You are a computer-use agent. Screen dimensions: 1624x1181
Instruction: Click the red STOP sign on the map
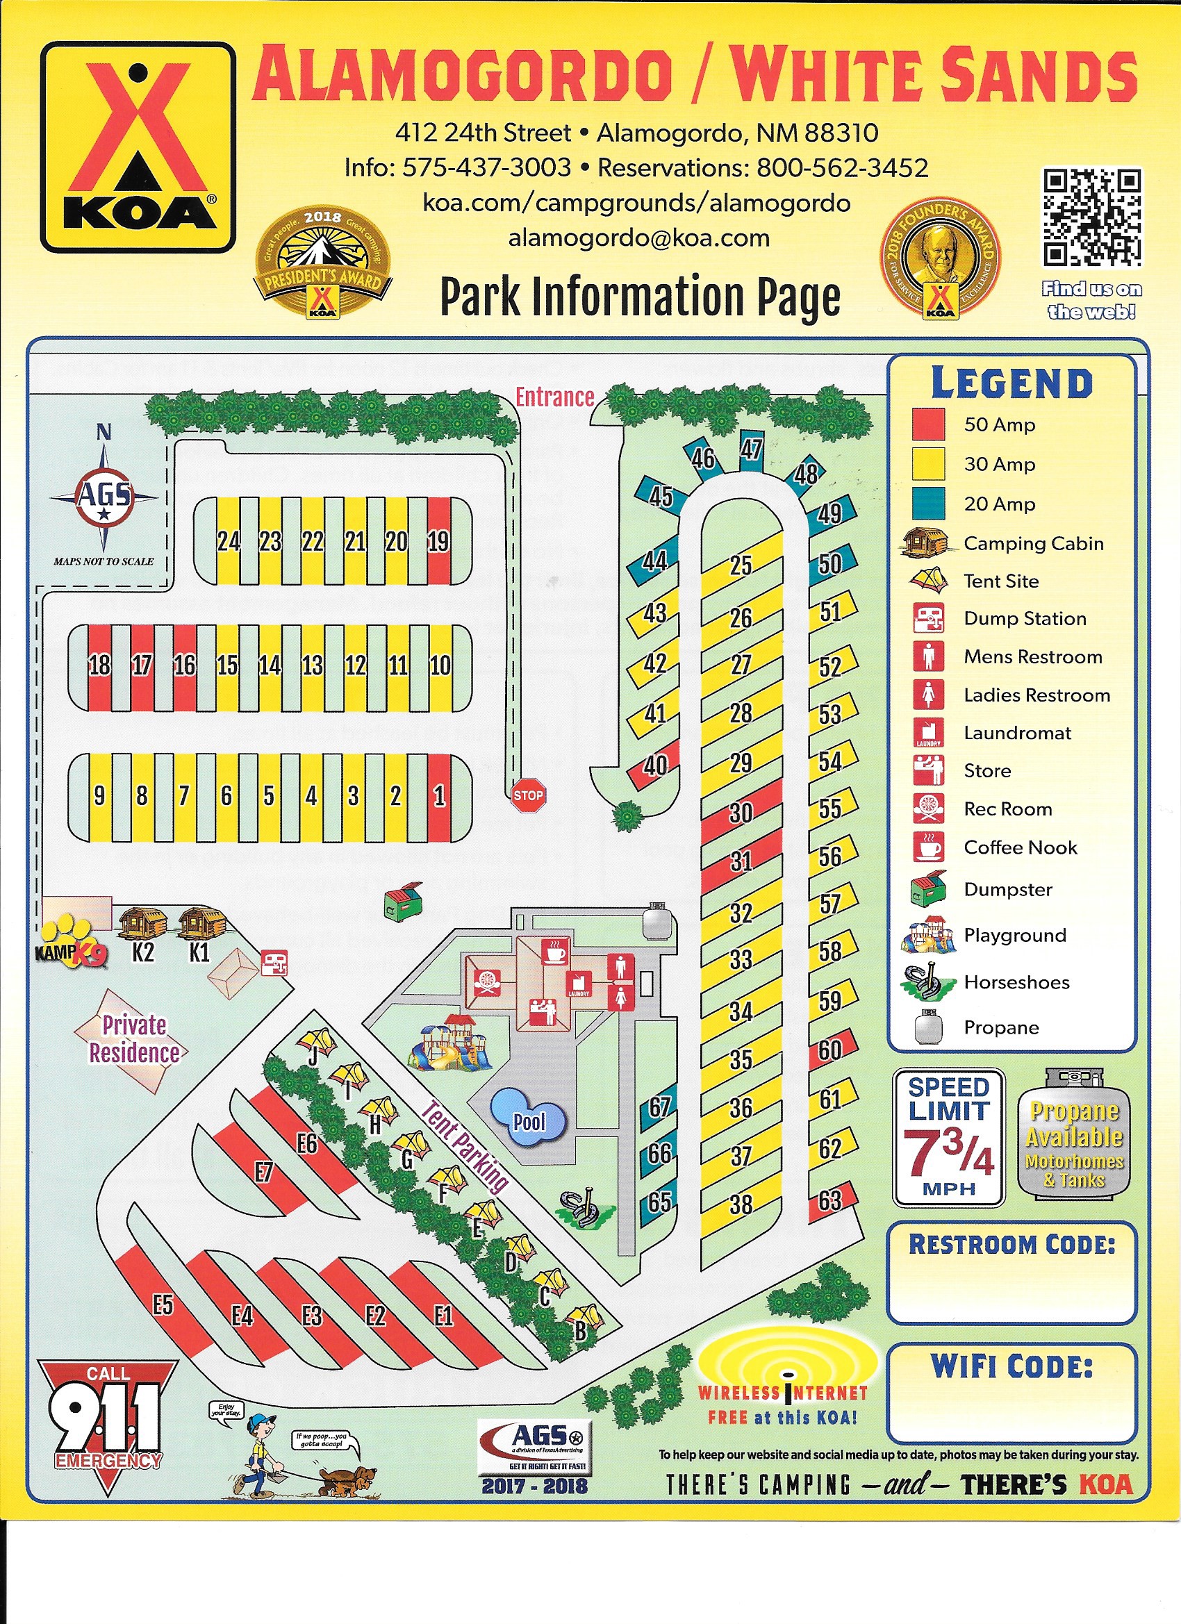[528, 795]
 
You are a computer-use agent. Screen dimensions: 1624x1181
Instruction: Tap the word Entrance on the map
[555, 397]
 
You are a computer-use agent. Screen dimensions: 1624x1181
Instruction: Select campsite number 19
[438, 540]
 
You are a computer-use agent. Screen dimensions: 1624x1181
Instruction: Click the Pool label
[529, 1121]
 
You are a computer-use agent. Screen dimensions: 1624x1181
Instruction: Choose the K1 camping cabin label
[199, 952]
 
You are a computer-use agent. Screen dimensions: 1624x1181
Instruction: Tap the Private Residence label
[134, 1039]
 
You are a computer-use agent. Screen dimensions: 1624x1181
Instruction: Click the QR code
[1091, 217]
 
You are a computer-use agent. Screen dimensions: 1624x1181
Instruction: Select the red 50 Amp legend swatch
[928, 424]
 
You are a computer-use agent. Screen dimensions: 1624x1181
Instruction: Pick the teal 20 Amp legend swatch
[928, 504]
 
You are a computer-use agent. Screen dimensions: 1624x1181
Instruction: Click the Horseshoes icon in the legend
[928, 981]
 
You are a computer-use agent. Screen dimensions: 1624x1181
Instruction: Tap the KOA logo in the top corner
[138, 146]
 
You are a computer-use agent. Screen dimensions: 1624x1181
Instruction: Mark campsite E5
[163, 1304]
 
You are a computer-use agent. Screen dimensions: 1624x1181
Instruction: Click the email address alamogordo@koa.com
[639, 238]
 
